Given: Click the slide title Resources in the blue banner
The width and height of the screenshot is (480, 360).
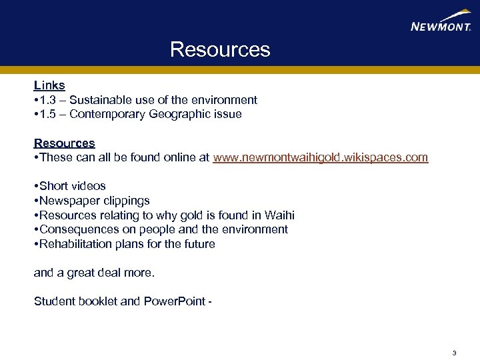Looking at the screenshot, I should pos(220,50).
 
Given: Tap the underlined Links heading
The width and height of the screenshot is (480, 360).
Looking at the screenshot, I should pos(49,85).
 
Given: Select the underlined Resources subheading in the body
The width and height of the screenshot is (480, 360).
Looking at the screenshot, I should pos(65,143).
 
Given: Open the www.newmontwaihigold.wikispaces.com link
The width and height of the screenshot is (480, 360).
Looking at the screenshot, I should pos(320,158).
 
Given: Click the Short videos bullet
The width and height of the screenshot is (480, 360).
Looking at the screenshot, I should pos(72,187).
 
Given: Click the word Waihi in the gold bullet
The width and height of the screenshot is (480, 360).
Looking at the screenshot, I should pos(279,215).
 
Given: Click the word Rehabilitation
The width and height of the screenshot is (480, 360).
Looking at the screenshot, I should pos(76,244).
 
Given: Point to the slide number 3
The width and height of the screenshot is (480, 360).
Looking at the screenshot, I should pos(454,353).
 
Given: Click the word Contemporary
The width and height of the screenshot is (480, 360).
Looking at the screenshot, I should pos(109,115).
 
